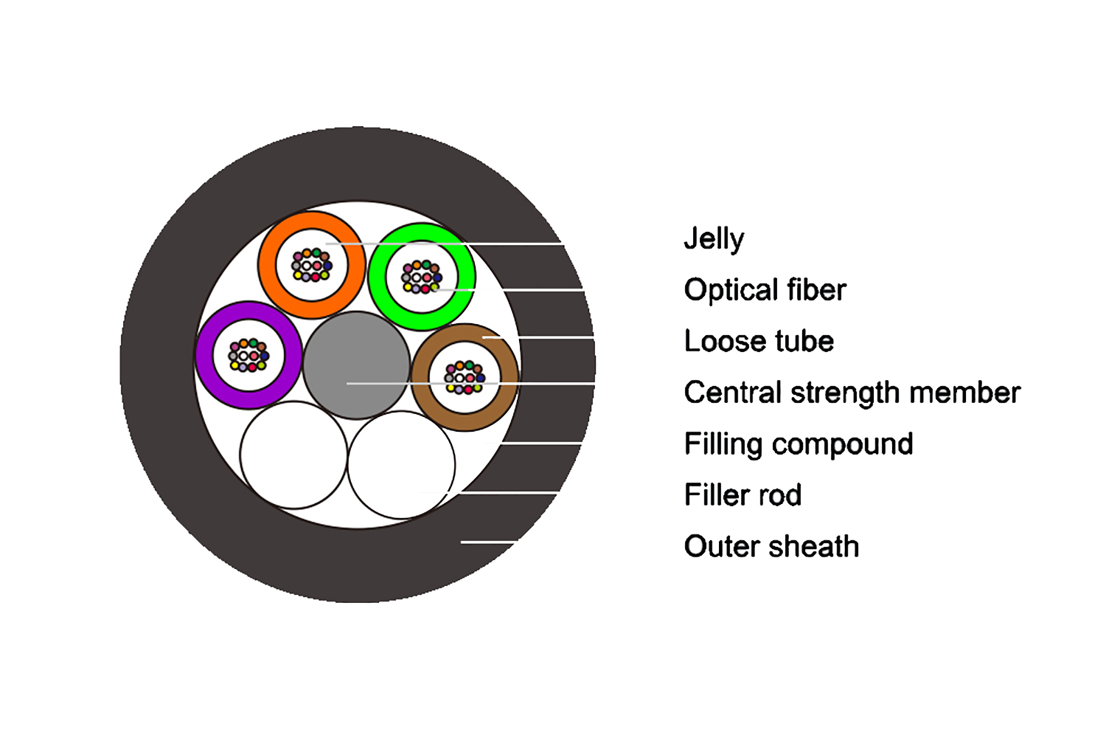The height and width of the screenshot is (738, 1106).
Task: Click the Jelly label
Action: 714,239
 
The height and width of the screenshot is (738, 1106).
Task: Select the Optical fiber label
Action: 765,290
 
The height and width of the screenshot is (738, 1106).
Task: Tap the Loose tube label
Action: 759,341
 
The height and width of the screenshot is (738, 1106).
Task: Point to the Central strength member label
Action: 852,393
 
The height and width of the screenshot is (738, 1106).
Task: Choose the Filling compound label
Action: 799,444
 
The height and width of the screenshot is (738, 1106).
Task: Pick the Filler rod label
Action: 742,495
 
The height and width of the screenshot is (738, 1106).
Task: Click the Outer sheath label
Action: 771,547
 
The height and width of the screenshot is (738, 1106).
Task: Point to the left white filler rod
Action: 293,455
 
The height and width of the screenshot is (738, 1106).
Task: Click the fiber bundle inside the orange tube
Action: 312,265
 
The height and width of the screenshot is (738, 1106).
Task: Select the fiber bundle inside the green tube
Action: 421,277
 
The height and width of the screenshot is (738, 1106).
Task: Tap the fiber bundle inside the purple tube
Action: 249,356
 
